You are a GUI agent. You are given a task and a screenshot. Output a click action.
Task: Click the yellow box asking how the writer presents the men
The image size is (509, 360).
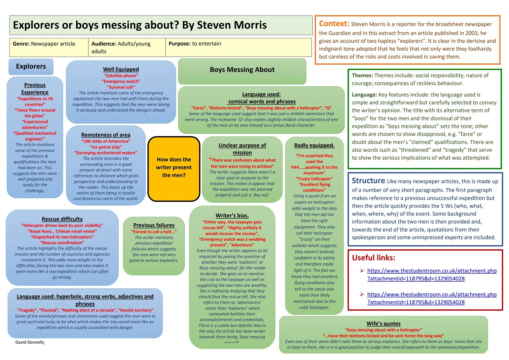coord(174,168)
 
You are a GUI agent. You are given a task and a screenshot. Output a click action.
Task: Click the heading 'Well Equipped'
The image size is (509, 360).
coord(121,69)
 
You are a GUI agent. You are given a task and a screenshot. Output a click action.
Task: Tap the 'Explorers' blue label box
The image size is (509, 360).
coord(31,66)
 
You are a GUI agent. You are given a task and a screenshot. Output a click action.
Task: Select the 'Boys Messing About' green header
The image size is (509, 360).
coord(242,70)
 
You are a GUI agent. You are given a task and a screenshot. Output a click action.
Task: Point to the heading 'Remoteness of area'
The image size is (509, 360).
coord(106,135)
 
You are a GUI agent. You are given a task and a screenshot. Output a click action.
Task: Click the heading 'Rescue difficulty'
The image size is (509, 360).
coord(62,219)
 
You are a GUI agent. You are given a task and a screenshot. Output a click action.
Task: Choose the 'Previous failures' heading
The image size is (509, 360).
coord(154,225)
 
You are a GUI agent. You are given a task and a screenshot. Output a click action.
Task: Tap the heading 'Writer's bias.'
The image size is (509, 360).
coord(232,216)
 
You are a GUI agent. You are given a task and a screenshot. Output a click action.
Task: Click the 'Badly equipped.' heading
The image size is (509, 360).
coord(314,145)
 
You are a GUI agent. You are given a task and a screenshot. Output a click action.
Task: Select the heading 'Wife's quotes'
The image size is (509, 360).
coord(383,324)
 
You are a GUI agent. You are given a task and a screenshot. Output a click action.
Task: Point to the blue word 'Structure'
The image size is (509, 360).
coord(368,181)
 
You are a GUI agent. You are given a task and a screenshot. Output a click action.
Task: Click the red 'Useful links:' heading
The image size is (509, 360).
coord(373,258)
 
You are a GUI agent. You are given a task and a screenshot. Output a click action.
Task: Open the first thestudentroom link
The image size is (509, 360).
coord(432,274)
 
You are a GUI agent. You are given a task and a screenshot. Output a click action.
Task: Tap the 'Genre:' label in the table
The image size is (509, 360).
coord(21,44)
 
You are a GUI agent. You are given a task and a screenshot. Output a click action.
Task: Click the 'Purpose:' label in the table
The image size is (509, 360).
coord(179,44)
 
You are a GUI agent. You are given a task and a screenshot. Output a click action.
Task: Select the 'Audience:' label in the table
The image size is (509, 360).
coord(103,44)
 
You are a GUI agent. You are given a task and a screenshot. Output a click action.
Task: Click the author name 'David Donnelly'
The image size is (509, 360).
coord(30,342)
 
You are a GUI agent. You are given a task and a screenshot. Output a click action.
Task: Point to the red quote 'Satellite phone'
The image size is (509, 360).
coord(121,76)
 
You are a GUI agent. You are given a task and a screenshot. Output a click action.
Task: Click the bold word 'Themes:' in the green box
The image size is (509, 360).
coord(362,76)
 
